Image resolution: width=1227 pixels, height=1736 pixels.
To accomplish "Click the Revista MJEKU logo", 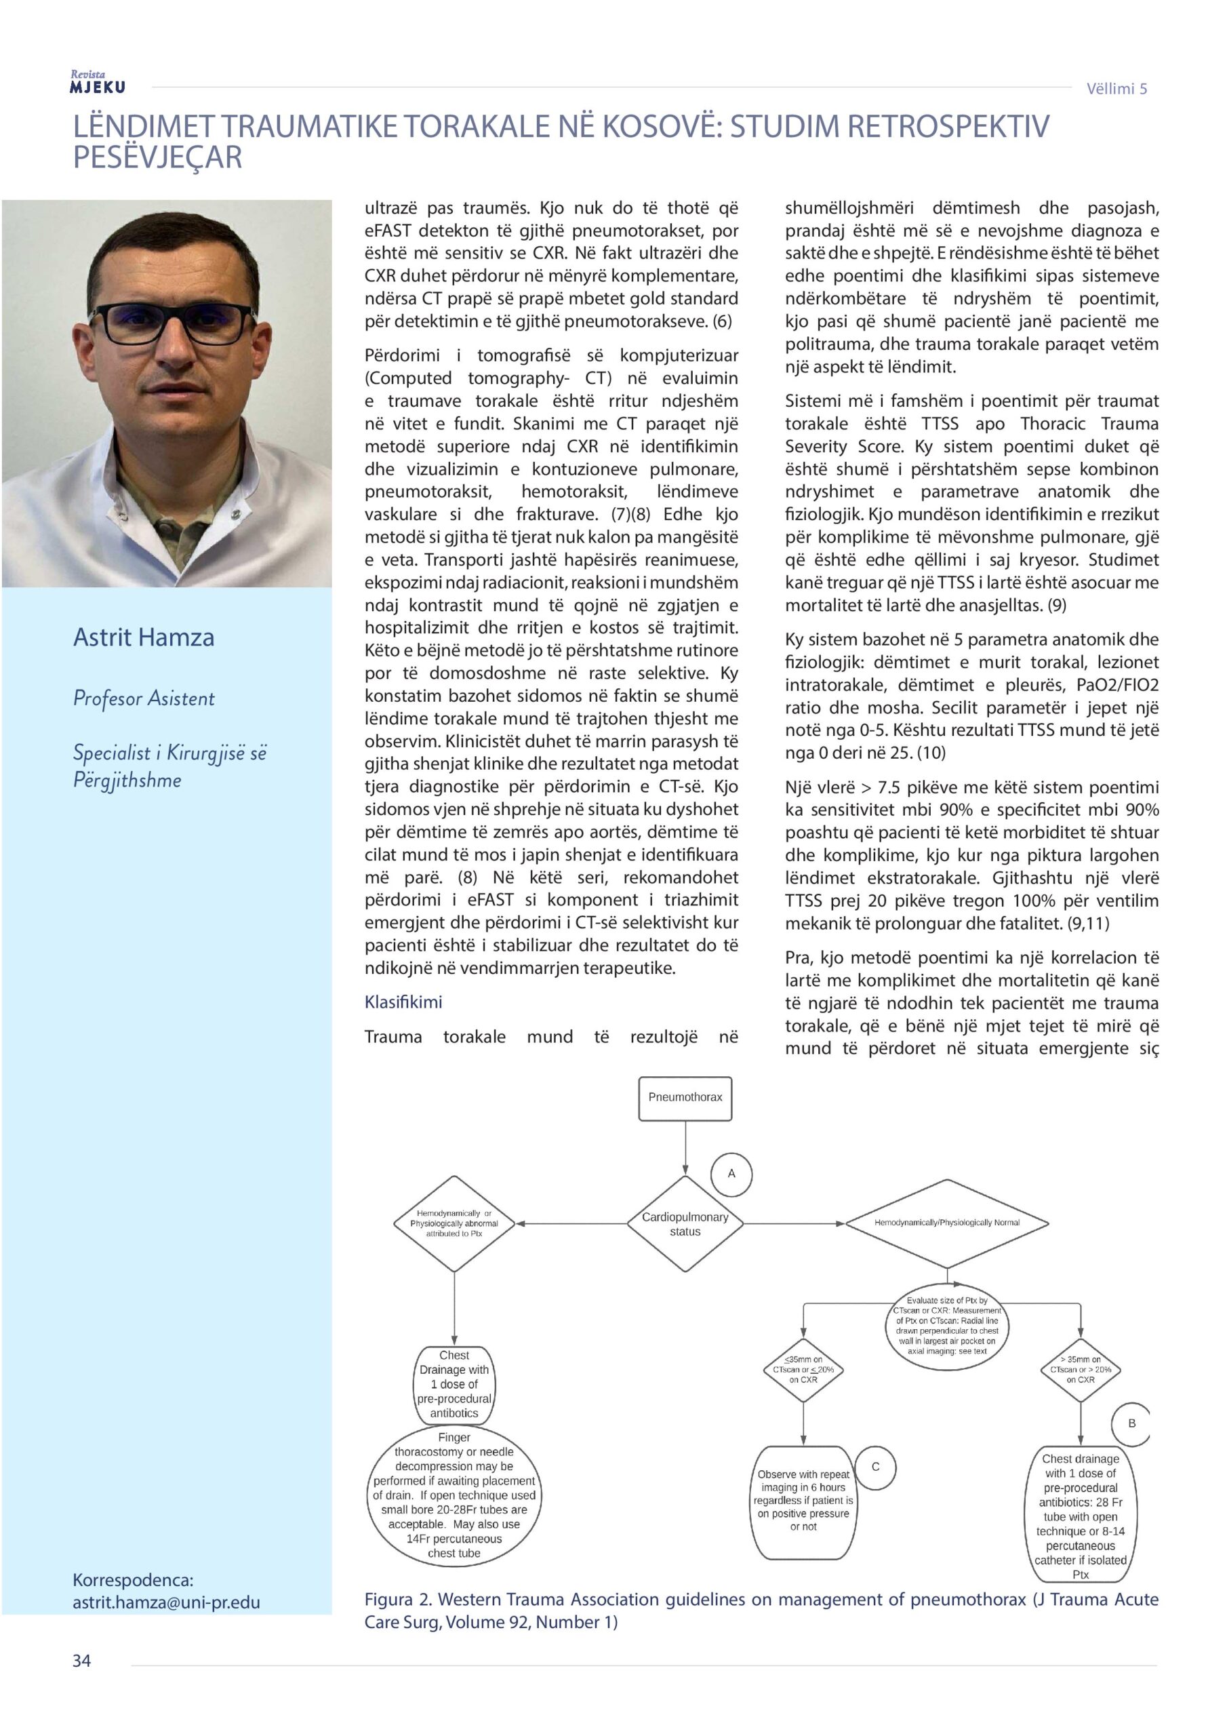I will point(98,81).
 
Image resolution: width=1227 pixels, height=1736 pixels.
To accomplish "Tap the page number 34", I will point(81,1661).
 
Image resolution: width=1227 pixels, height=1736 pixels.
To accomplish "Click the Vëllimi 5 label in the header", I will point(1117,88).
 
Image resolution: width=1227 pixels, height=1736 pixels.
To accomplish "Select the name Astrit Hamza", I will point(144,637).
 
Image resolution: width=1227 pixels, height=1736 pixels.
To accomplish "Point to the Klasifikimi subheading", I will point(403,1002).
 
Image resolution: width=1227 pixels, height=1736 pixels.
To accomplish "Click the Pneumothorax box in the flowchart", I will point(685,1097).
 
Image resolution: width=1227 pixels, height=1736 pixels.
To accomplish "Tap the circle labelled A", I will point(731,1173).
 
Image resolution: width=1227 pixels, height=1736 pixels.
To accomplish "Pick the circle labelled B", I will point(1131,1423).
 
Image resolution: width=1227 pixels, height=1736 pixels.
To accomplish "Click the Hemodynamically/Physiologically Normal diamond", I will point(946,1223).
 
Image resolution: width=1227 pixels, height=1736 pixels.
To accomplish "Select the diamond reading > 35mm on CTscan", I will point(1081,1369).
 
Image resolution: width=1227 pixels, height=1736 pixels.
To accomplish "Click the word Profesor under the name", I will point(106,698).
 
